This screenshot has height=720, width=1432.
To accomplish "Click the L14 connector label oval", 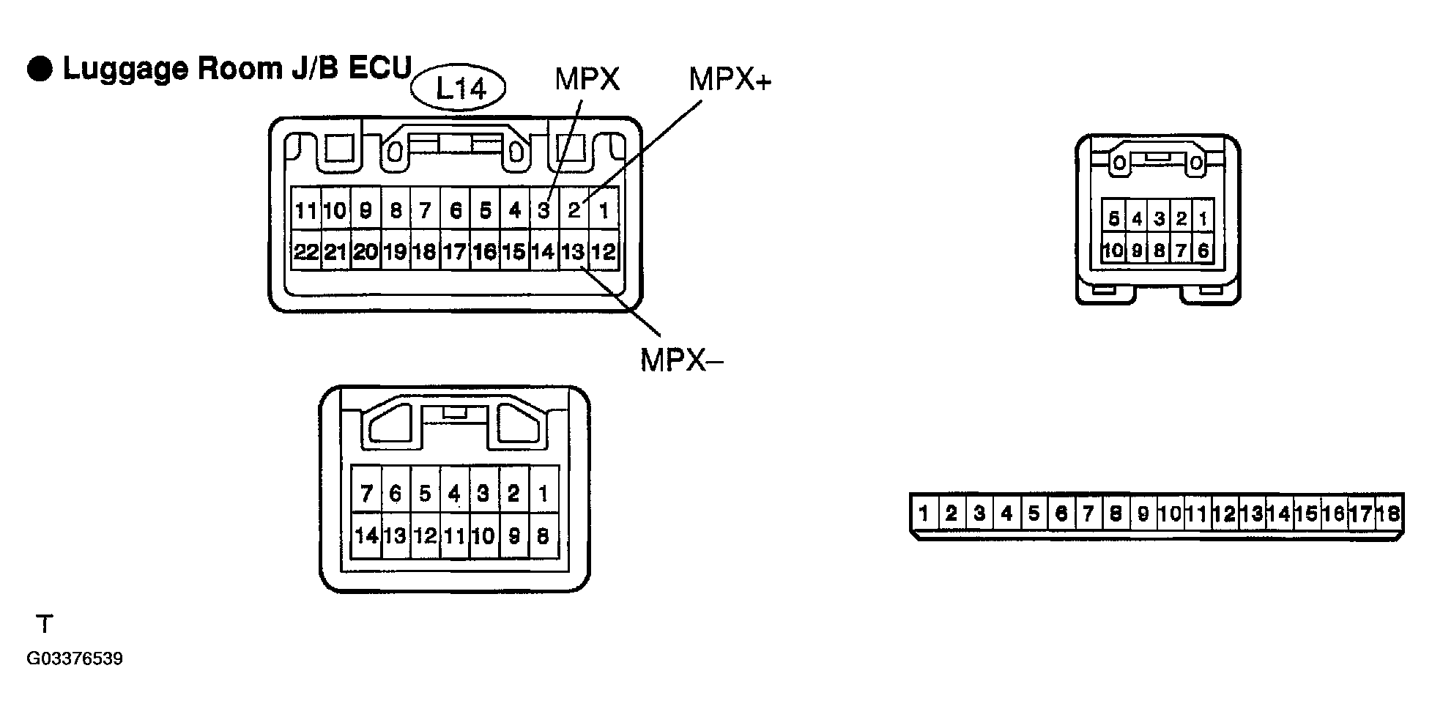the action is [459, 89].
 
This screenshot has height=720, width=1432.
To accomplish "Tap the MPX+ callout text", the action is [730, 79].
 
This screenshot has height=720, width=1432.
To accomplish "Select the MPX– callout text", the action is [680, 360].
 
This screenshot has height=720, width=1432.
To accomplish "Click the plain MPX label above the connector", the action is [587, 79].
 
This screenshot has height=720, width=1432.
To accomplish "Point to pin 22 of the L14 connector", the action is [306, 251].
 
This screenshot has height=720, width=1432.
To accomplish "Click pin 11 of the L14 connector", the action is [306, 210].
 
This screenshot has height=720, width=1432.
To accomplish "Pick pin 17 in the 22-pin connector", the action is [455, 251].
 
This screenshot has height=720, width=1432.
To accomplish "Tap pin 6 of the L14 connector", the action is [455, 210].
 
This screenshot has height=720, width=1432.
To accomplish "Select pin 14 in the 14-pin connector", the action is [366, 535].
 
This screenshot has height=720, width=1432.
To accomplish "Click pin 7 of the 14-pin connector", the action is [366, 493].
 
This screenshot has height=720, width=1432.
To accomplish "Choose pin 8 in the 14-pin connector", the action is [543, 535].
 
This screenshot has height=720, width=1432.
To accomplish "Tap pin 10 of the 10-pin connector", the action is [1113, 250].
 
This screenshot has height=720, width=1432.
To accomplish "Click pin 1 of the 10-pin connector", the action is [1202, 218].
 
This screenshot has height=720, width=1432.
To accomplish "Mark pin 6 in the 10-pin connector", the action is [1202, 250].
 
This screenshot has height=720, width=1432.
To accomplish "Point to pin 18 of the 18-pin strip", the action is [1387, 513].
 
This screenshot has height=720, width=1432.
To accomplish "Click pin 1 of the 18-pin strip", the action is [924, 513].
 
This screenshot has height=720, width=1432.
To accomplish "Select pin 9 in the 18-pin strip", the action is [1143, 513].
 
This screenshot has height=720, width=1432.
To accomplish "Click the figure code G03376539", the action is [75, 658].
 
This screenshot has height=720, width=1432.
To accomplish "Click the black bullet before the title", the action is [40, 69].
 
